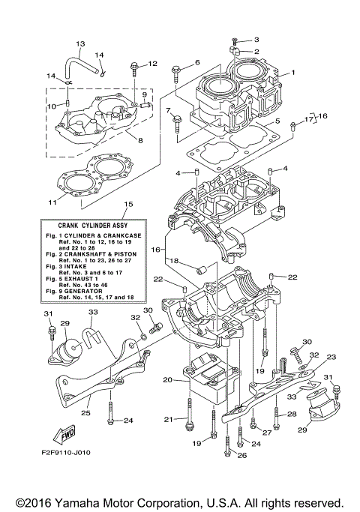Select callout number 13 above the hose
pos(81,43)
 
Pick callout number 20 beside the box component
pos(168,380)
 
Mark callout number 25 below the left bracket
pos(85,412)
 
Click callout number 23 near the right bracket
pos(331,358)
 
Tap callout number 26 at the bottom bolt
pos(241,454)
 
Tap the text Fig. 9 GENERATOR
pos(87,292)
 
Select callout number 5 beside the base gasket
pos(277,121)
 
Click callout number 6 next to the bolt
pos(197,62)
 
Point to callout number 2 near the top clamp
pos(256,52)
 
